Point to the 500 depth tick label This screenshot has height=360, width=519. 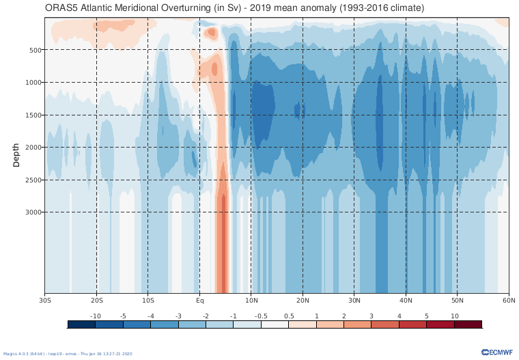36,50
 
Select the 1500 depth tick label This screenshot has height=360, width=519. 34,115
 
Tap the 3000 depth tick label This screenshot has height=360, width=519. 34,212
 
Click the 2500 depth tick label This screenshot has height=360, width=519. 34,180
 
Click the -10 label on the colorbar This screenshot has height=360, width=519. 96,316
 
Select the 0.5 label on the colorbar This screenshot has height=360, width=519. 288,316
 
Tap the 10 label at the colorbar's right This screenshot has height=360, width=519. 454,316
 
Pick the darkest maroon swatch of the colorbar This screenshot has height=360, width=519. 468,324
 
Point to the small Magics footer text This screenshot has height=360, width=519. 68,354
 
